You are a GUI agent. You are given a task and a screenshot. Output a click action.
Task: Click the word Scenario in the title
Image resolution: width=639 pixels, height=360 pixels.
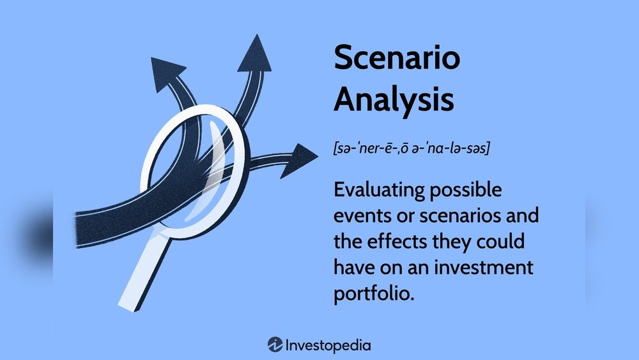[x=397, y=57]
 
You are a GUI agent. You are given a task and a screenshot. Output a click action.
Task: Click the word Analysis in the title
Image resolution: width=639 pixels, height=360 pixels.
[x=394, y=100]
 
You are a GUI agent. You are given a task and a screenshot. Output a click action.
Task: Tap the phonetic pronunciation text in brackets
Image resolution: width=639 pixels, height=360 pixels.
[x=412, y=148]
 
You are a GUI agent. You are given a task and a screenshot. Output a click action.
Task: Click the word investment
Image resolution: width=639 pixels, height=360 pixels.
[x=484, y=267]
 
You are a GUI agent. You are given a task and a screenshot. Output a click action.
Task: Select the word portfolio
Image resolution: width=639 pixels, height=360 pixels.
[x=374, y=294]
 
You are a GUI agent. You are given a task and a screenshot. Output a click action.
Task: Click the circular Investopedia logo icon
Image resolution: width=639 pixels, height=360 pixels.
[x=275, y=345]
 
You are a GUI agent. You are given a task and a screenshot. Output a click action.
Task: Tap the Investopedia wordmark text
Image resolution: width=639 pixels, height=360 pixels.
[x=328, y=346]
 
